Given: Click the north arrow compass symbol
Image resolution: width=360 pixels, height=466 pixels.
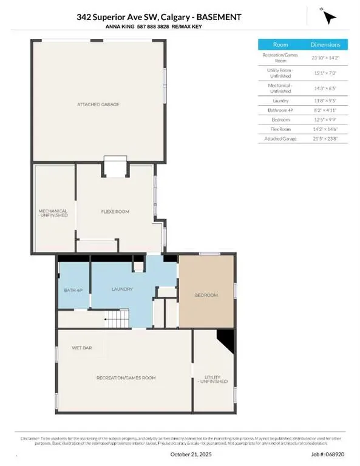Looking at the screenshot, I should [329, 18].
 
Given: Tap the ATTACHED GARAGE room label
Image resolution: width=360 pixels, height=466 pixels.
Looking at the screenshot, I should [98, 104].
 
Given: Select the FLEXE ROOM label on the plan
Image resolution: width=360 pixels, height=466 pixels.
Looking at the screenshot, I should [115, 211].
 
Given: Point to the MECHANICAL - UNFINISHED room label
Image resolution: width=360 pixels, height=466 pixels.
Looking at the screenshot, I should [53, 214].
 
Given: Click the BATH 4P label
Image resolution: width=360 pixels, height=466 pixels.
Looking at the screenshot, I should [73, 290].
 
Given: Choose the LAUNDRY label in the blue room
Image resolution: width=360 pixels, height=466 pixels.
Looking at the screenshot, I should [121, 289].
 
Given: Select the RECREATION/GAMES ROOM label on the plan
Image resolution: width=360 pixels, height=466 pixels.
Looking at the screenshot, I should [126, 377].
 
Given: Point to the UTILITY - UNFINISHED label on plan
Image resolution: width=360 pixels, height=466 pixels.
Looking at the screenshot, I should [216, 379].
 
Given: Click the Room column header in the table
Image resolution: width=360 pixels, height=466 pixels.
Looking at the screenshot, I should [280, 44].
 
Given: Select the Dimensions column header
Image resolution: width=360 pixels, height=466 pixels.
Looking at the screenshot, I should [325, 44].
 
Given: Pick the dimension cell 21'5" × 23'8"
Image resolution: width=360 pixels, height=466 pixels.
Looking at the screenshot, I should [325, 139].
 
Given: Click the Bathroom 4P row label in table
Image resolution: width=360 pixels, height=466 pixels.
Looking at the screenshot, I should [280, 111].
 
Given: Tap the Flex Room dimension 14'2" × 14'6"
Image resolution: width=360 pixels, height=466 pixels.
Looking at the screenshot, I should [325, 129].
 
